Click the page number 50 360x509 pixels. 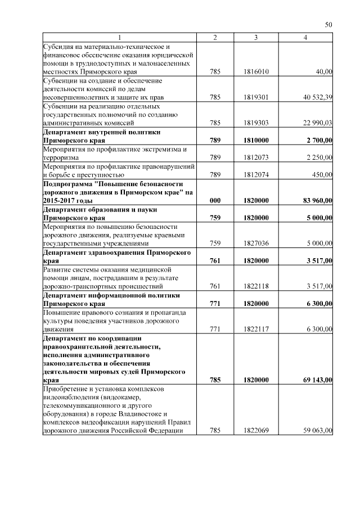pyautogui.click(x=329, y=24)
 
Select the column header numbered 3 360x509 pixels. pyautogui.click(x=256, y=37)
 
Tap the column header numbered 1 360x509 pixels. pyautogui.click(x=119, y=37)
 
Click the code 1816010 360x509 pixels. pyautogui.click(x=256, y=72)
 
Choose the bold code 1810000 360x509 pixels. pyautogui.click(x=256, y=140)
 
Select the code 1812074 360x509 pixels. pyautogui.click(x=256, y=175)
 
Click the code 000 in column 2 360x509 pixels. pyautogui.click(x=214, y=200)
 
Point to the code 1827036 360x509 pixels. pyautogui.click(x=256, y=244)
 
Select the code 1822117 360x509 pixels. pyautogui.click(x=256, y=329)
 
